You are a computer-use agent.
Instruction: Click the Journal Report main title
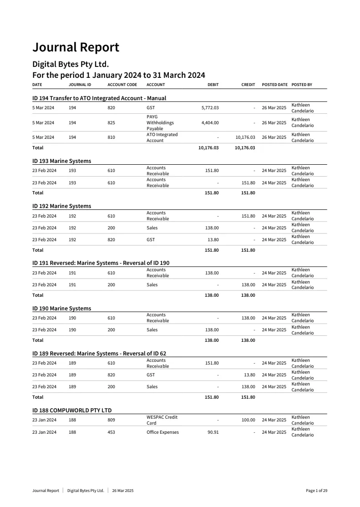76,47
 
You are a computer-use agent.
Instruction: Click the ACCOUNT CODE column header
122,85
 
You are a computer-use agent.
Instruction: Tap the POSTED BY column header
302,85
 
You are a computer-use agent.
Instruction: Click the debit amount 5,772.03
210,108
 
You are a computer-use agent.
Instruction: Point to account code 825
111,123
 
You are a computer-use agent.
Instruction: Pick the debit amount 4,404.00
210,123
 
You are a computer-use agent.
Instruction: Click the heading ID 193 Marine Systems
61,161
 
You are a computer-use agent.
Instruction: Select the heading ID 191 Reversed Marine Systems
101,263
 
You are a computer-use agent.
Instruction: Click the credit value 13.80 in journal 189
249,375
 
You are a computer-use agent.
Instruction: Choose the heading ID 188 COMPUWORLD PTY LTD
72,411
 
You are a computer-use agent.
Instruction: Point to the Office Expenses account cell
162,432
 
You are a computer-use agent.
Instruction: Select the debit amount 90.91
213,432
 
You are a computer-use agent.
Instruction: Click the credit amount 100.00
248,420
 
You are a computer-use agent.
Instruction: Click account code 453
111,432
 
